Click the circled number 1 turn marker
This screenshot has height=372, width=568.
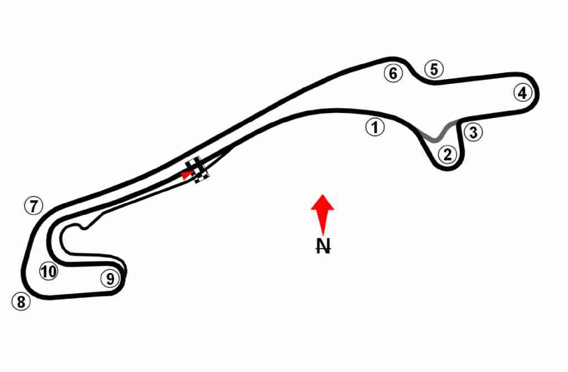coord(375,127)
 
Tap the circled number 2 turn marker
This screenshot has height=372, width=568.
coord(448,154)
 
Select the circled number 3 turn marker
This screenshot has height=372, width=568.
coord(473,132)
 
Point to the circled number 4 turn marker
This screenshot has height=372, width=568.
coord(523,93)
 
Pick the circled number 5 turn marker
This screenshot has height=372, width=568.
coord(434,69)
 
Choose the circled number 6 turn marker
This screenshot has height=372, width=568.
coord(393,73)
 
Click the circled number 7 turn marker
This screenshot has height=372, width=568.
coord(34,205)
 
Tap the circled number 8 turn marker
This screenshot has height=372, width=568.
coord(21,301)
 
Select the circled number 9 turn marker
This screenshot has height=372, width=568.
coord(110,278)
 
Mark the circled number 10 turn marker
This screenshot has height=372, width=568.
coord(49,271)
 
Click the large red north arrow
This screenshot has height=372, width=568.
coord(323,215)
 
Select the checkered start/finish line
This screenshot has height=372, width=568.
coord(198,170)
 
